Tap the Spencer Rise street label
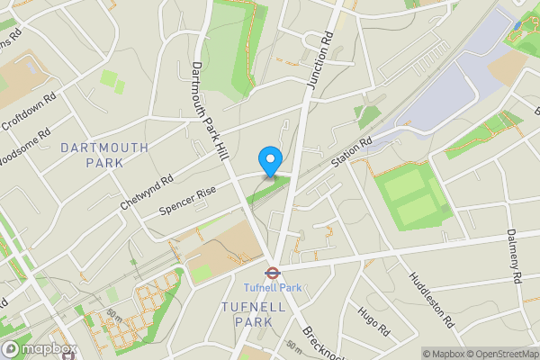(186, 201)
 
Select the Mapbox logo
(40, 348)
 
